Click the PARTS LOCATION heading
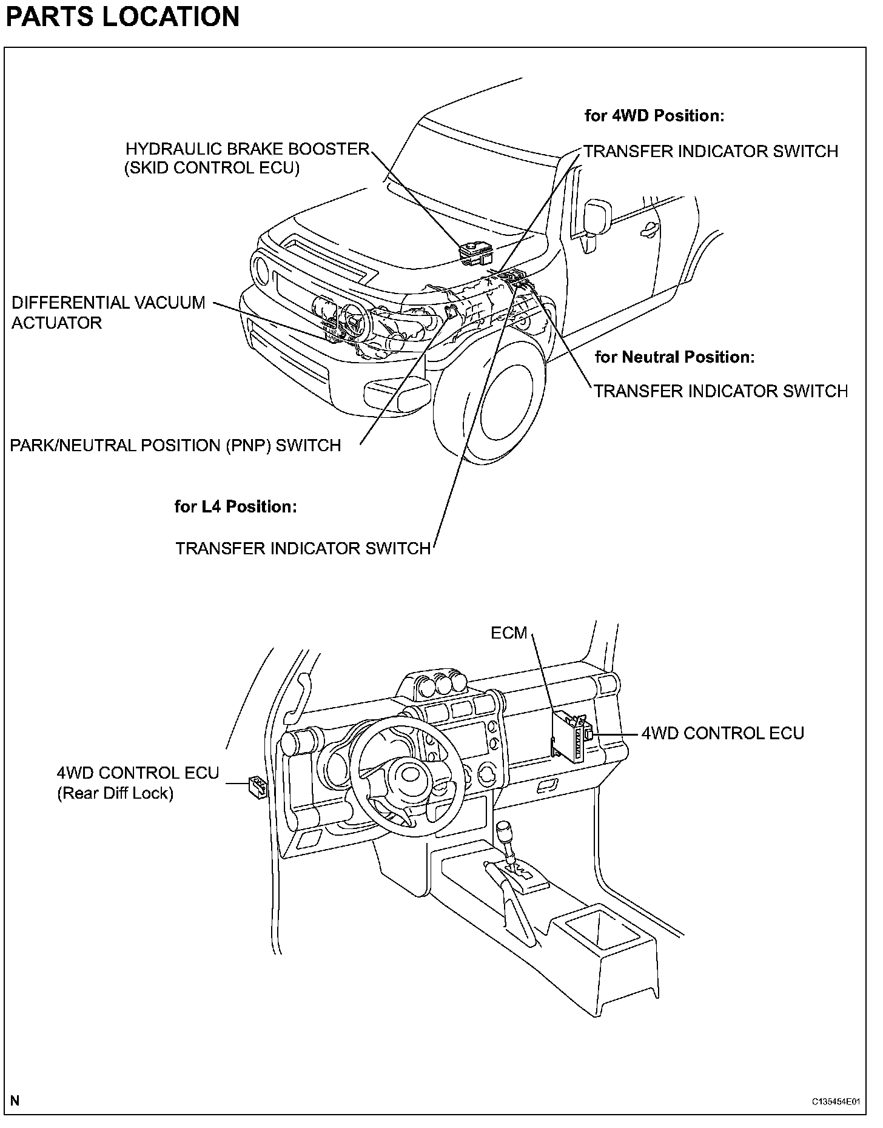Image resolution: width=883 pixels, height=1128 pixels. point(123,16)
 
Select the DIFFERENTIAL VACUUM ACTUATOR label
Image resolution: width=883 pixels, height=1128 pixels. point(109,312)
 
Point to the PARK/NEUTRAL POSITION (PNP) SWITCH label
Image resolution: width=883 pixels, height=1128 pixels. point(175,446)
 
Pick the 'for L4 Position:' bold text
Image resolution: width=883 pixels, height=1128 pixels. point(235,506)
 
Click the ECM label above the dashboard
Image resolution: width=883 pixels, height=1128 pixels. point(509,633)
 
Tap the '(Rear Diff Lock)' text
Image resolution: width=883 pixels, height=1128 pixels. point(115,793)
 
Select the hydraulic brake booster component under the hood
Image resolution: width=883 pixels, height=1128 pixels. point(474,253)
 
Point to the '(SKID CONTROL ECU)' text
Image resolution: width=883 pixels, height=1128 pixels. point(212,169)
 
